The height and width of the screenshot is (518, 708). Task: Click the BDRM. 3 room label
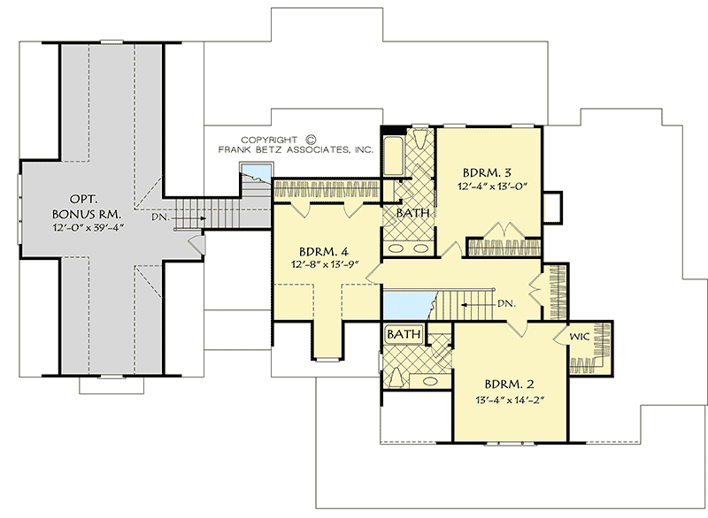(488, 171)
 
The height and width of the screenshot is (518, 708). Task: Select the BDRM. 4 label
(324, 249)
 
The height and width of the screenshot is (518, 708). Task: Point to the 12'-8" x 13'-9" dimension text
(324, 263)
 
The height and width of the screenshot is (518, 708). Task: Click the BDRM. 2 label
(510, 385)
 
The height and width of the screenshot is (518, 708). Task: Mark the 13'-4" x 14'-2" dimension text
(510, 400)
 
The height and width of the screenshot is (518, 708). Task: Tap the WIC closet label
(581, 337)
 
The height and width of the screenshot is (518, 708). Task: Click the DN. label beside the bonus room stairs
(160, 215)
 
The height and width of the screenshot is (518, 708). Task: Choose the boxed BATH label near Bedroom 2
(404, 335)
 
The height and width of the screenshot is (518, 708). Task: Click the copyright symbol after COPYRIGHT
(311, 139)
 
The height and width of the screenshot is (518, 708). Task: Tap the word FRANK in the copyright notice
(237, 150)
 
